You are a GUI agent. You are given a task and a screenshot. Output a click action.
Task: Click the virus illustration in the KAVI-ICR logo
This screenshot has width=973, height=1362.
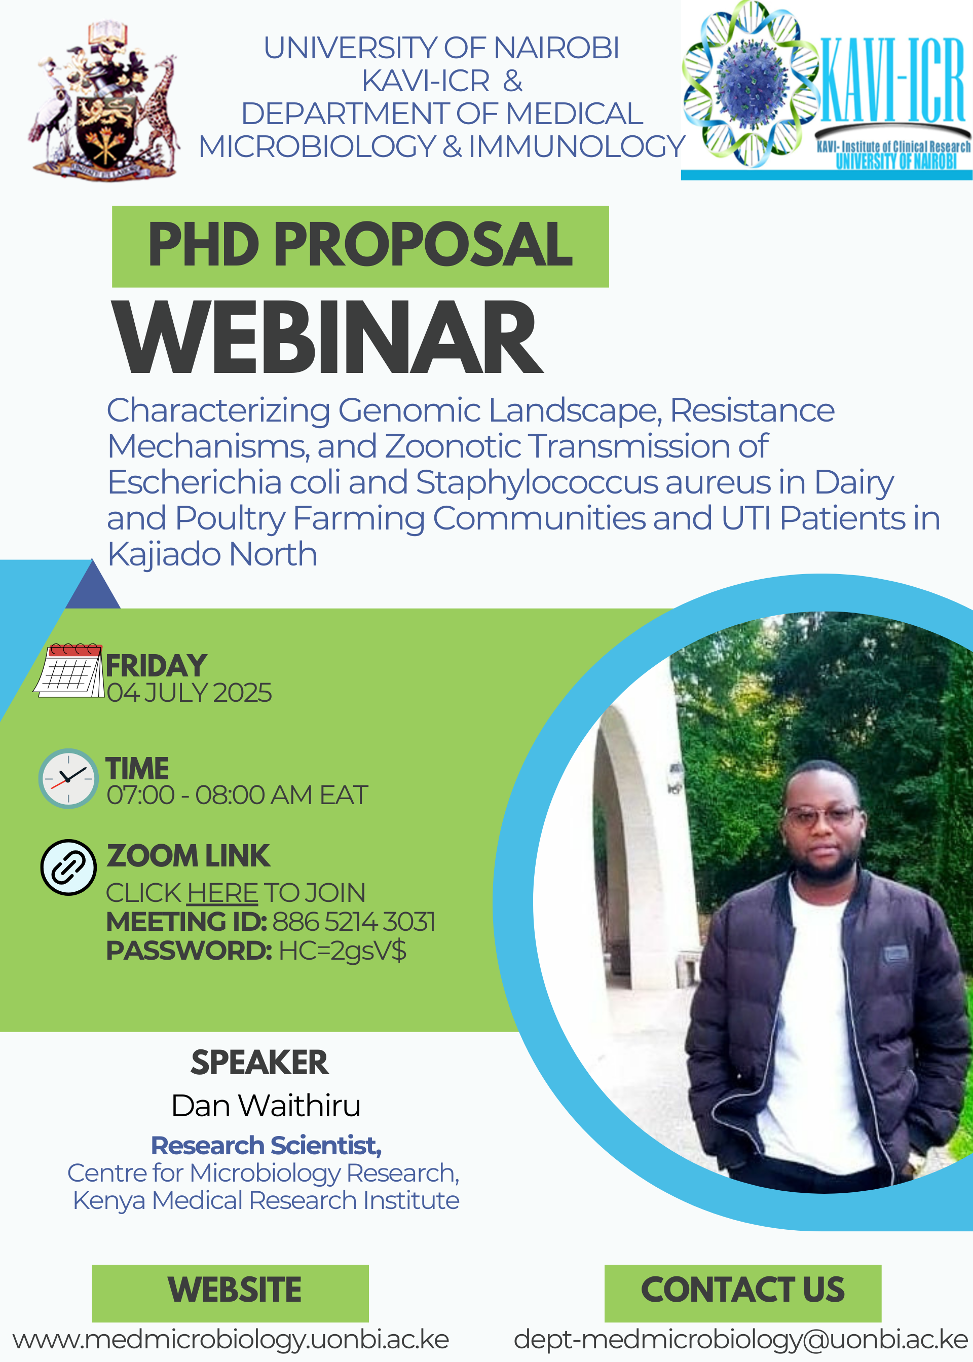click(752, 83)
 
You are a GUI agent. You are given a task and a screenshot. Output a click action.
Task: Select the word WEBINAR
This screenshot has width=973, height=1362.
click(328, 338)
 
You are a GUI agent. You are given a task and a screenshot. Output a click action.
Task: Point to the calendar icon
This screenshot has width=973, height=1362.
click(69, 670)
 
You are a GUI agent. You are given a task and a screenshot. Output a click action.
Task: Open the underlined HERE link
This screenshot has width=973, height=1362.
click(222, 893)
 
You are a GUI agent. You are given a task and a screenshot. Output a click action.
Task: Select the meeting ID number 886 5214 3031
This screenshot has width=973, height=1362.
click(354, 922)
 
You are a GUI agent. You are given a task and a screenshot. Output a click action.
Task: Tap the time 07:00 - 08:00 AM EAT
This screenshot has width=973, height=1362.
click(237, 796)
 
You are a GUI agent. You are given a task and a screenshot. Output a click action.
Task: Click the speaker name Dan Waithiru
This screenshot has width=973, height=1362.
click(266, 1106)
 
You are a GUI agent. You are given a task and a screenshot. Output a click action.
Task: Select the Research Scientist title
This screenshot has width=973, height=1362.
click(266, 1146)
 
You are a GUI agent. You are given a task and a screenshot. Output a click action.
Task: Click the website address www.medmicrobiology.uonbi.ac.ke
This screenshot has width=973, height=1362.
click(231, 1340)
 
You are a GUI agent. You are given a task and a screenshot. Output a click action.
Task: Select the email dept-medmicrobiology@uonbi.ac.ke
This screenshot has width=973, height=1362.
click(740, 1340)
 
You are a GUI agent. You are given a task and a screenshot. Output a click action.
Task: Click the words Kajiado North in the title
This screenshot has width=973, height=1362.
click(212, 554)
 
